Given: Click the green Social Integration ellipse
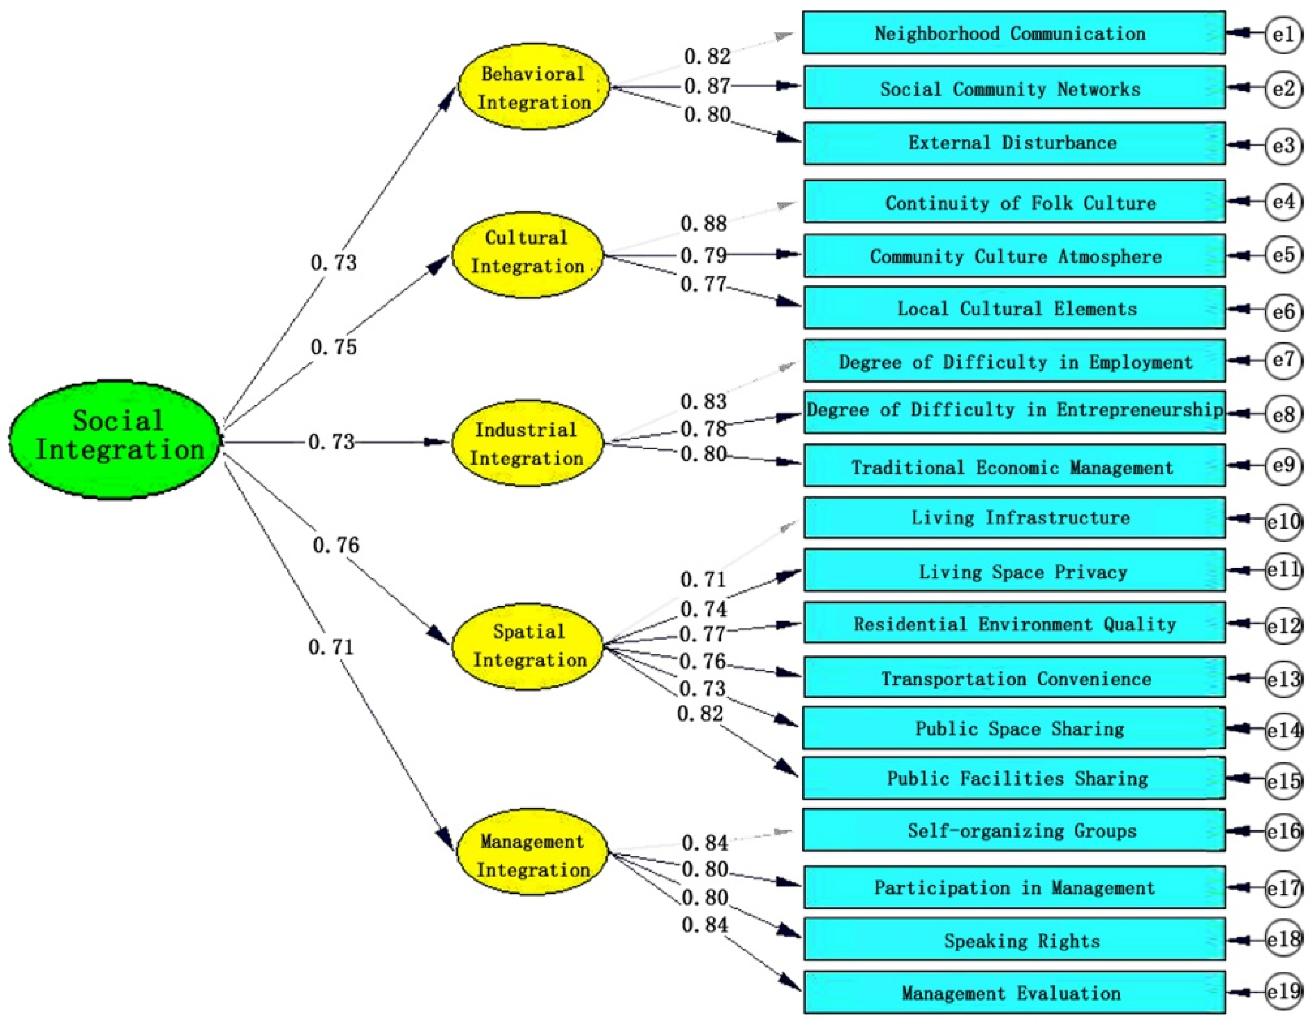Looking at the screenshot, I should click(115, 439).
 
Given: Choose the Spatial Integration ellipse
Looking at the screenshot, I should click(527, 646).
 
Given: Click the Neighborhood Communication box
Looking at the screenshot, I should click(1013, 33).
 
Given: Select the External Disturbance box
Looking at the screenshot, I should click(1013, 143).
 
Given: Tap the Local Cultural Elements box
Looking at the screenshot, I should click(1013, 308).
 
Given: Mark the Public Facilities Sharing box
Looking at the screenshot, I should click(1013, 778).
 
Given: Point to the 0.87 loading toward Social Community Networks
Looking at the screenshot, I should click(707, 86).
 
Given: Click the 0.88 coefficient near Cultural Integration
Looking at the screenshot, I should click(703, 224).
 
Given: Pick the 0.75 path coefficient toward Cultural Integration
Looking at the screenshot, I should click(333, 346).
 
